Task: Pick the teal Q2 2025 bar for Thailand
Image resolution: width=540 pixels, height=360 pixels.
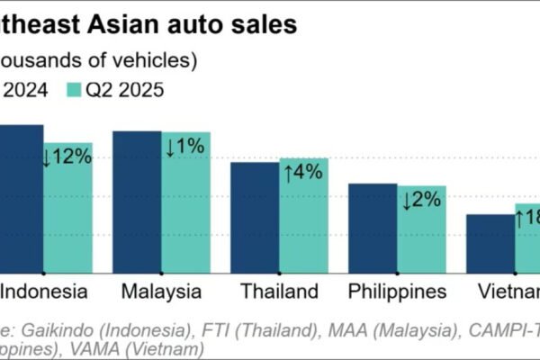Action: [303, 225]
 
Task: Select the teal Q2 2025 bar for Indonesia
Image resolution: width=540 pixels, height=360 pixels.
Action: [67, 216]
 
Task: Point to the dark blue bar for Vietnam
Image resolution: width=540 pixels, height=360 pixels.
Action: [490, 242]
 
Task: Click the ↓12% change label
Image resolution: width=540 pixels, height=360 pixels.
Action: [67, 156]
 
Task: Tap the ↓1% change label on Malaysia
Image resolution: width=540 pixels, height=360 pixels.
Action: [186, 146]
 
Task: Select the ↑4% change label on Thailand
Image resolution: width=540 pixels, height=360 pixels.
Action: [303, 172]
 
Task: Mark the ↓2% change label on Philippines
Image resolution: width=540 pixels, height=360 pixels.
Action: [421, 199]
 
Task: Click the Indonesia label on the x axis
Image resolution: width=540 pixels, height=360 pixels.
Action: [44, 292]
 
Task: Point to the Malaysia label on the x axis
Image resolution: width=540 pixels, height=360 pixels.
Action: [161, 292]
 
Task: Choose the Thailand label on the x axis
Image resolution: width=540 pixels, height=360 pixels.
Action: [279, 292]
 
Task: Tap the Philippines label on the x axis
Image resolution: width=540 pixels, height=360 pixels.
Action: [397, 292]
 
